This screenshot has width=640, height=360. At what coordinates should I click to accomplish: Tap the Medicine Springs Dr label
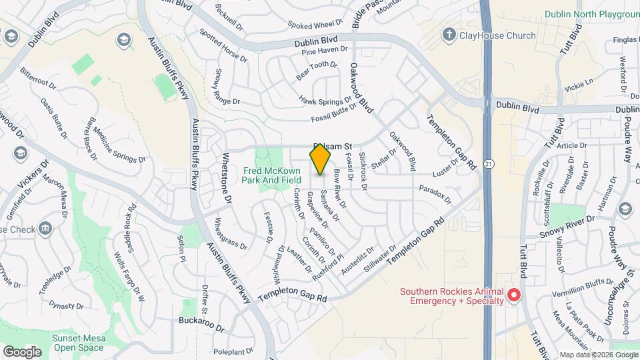(119, 145)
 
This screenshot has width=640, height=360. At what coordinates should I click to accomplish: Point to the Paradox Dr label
(436, 195)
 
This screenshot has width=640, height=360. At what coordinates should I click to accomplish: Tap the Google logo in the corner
(22, 351)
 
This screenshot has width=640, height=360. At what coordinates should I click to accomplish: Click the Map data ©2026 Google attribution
(598, 355)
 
